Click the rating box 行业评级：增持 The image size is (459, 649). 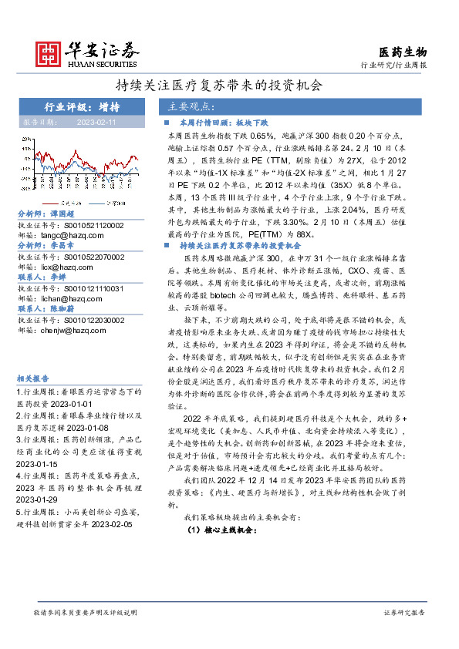click(80, 107)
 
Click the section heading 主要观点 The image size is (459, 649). click(191, 106)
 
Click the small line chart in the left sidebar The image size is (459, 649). click(79, 171)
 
